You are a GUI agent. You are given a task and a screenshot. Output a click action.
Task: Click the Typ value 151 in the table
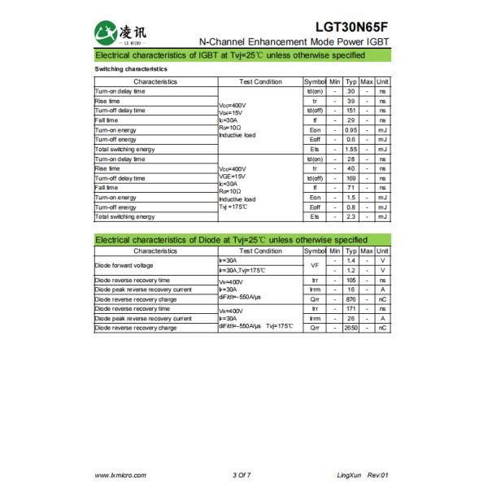(x=351, y=111)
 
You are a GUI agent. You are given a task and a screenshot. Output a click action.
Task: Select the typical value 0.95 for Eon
(x=351, y=130)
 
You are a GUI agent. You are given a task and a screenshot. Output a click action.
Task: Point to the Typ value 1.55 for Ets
(x=351, y=150)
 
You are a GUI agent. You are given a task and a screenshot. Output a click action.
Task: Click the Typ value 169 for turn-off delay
(x=351, y=178)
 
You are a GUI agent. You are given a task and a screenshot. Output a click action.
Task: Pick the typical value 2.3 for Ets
(x=351, y=217)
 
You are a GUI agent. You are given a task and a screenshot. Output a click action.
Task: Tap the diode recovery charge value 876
(x=351, y=298)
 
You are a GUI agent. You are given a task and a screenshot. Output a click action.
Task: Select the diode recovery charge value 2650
(x=351, y=328)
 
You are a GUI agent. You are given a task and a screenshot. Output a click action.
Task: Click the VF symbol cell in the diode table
(x=315, y=265)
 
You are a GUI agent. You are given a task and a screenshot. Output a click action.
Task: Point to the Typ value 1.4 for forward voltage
(x=351, y=260)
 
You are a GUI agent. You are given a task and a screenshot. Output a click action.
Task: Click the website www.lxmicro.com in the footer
(x=120, y=473)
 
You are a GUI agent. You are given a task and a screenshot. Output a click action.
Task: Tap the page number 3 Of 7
(x=241, y=473)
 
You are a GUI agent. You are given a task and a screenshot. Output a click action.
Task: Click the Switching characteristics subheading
(x=131, y=69)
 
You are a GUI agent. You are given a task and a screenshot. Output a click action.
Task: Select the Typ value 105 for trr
(x=351, y=280)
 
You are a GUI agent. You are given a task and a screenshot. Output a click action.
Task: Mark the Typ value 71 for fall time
(x=351, y=188)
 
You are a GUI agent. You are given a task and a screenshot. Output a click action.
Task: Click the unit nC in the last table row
(x=382, y=328)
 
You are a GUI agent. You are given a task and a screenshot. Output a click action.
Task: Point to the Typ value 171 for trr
(x=351, y=309)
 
